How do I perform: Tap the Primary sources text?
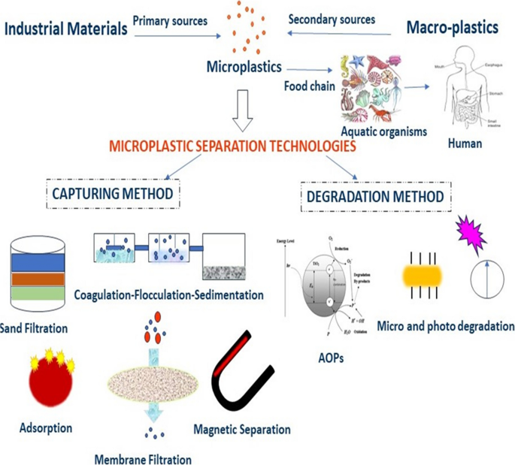tap(170, 20)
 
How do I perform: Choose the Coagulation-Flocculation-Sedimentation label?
tap(169, 295)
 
